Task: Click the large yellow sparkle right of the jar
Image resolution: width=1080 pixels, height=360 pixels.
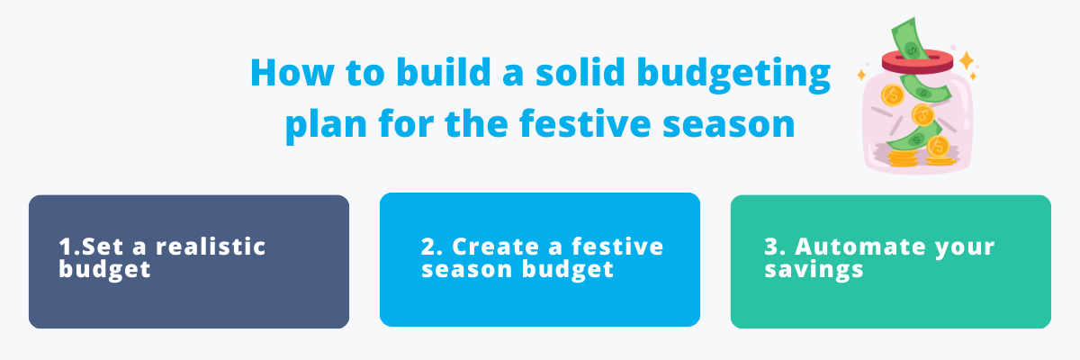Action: click(x=967, y=60)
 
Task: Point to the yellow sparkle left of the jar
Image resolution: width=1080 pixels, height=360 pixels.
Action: click(x=861, y=74)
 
